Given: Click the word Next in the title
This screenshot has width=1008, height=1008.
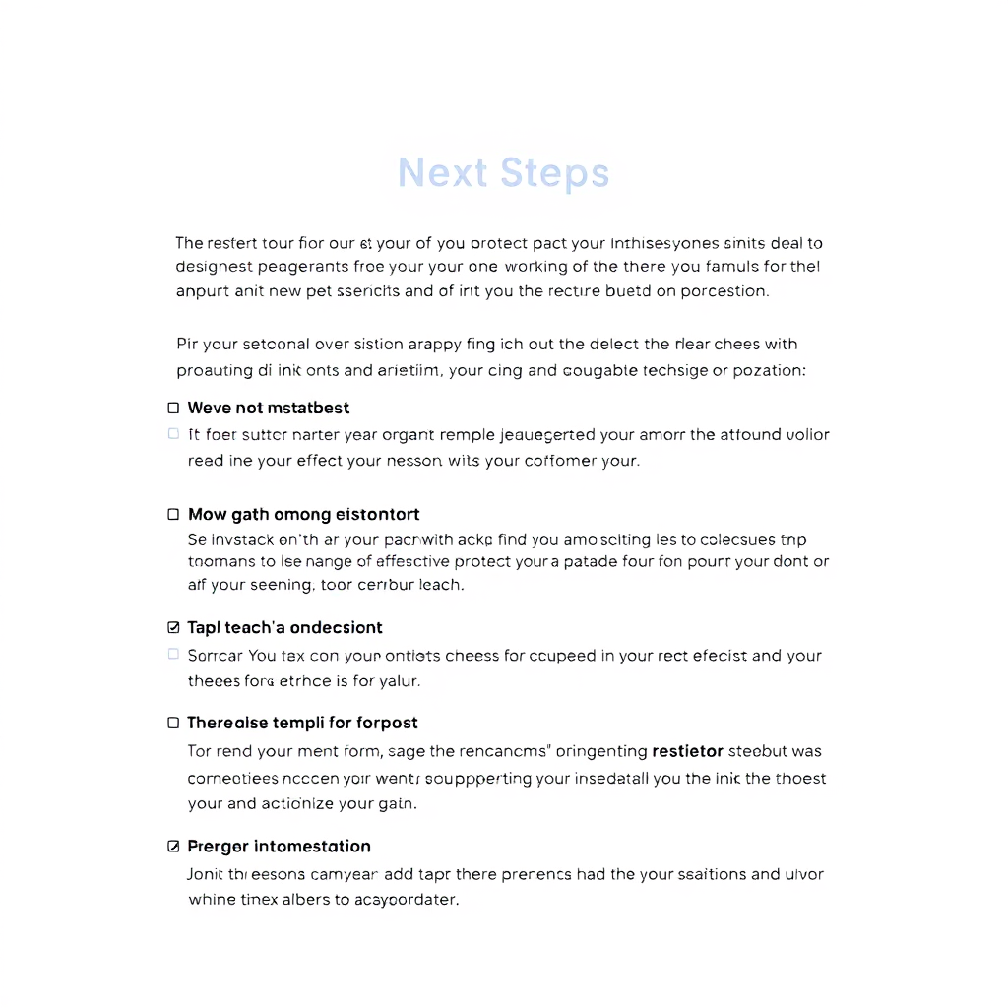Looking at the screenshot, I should click(442, 173).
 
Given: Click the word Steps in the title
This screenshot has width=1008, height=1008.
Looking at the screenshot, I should click(554, 173).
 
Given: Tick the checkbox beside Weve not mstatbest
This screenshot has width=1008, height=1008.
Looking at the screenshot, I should click(174, 408).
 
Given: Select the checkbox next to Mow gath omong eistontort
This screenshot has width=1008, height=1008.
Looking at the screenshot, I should click(174, 514).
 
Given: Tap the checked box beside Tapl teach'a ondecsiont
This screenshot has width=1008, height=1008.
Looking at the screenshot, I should click(174, 627).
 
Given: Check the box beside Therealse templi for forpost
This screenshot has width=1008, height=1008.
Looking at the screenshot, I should click(174, 723).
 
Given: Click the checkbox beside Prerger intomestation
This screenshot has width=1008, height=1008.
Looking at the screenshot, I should click(174, 846).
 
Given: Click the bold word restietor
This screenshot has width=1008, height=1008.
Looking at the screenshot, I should click(687, 751).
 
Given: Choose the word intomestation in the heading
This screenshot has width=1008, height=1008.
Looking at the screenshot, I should click(312, 846).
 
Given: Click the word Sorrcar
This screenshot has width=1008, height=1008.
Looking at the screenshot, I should click(216, 656).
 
